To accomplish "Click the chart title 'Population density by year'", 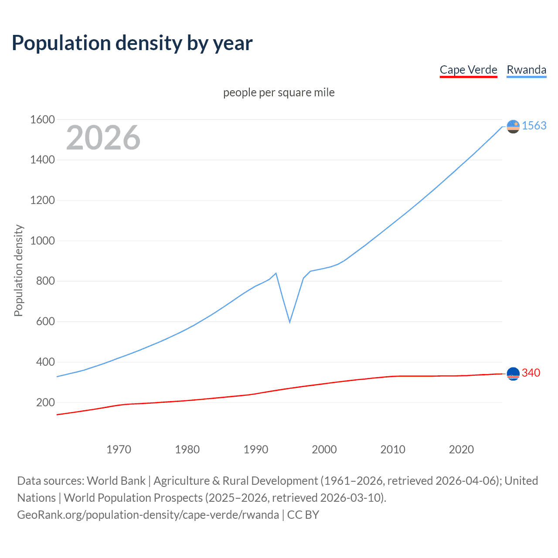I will pyautogui.click(x=132, y=43).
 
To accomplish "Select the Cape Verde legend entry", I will pyautogui.click(x=468, y=70).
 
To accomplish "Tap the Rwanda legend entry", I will pyautogui.click(x=526, y=70).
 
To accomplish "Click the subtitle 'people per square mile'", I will pyautogui.click(x=279, y=92).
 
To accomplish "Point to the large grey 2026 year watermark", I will pyautogui.click(x=103, y=138).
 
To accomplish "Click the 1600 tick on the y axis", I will pyautogui.click(x=42, y=119).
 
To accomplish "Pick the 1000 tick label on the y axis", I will pyautogui.click(x=42, y=241).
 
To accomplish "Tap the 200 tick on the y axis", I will pyautogui.click(x=45, y=402).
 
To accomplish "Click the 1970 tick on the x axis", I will pyautogui.click(x=119, y=449).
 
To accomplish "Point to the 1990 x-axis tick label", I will pyautogui.click(x=256, y=449).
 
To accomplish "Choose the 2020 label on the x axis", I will pyautogui.click(x=461, y=449).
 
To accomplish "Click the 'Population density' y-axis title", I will pyautogui.click(x=18, y=270).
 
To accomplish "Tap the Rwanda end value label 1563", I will pyautogui.click(x=534, y=126).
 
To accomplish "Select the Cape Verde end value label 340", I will pyautogui.click(x=531, y=373).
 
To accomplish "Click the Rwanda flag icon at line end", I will pyautogui.click(x=513, y=126).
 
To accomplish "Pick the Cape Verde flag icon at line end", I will pyautogui.click(x=513, y=374).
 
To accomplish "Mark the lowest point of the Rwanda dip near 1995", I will pyautogui.click(x=290, y=322).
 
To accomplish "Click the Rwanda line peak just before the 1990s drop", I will pyautogui.click(x=276, y=273).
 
